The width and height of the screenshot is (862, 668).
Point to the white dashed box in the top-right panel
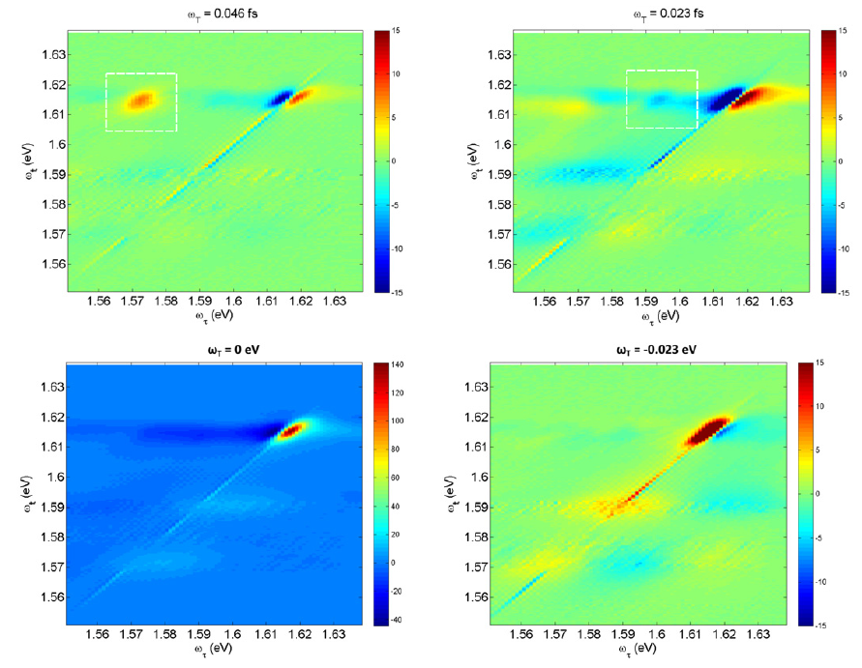[662, 72]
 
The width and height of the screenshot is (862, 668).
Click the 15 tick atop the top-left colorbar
[397, 32]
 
